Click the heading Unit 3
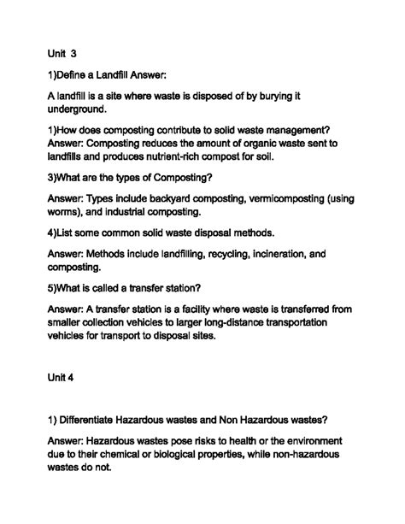click(x=63, y=52)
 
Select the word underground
click(x=76, y=109)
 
